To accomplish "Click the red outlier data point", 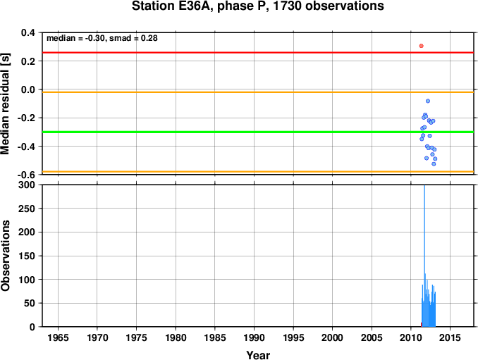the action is coord(422,46).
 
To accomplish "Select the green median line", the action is coord(258,132).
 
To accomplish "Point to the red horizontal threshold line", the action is coord(258,53).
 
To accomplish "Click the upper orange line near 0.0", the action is coord(258,92).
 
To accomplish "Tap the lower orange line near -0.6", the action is coord(258,172).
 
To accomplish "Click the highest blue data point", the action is coord(428,101).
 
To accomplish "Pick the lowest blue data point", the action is coord(434,164).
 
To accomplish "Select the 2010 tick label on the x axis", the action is coord(410,337).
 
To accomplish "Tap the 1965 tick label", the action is coord(58,337).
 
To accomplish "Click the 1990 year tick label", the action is coord(254,337).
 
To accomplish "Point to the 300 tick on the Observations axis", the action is coord(27,185).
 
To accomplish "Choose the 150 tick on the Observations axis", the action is coord(27,256).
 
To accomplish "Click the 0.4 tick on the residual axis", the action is coord(27,32).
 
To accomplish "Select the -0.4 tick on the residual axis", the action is coord(26,147).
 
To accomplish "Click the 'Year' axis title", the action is coord(258,355).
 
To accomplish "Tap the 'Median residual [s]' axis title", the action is coord(5,104).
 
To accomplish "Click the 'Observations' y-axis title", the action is coord(5,256).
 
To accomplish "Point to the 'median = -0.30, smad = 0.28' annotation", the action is coord(102,38).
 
